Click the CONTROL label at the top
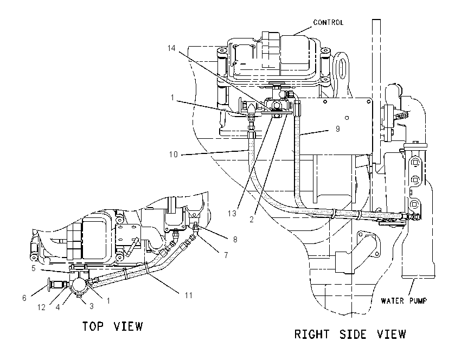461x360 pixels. coord(328,22)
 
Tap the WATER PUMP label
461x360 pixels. coord(404,301)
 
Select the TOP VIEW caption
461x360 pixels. coord(113,326)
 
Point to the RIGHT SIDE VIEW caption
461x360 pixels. coord(350,335)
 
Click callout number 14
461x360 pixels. coord(171,48)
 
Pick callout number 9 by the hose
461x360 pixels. coord(337,128)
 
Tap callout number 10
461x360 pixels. coord(174,155)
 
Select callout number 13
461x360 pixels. coord(232,214)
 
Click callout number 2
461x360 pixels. coord(251,219)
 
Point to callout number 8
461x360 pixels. coord(235,240)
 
